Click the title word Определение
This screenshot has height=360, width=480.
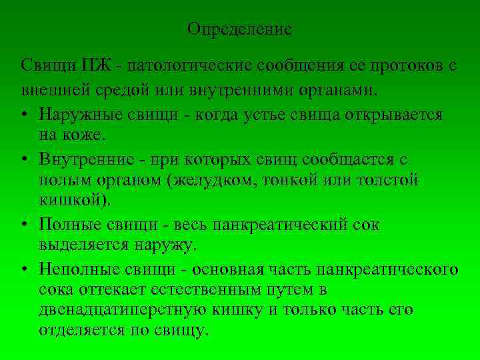click(x=239, y=30)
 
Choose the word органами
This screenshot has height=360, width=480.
click(x=339, y=88)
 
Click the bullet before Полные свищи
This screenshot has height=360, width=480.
click(x=25, y=225)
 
